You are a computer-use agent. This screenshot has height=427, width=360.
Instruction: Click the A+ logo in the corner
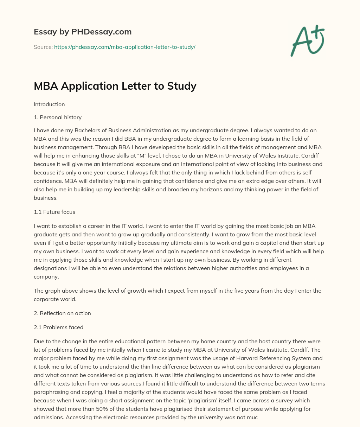pos(307,41)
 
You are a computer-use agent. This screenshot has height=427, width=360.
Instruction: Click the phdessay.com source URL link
pos(124,47)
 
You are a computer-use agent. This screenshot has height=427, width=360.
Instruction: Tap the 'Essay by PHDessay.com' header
pos(83,32)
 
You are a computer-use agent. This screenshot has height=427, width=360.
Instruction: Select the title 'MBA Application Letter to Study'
pos(115,86)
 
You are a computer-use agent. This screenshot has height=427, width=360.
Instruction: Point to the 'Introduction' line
pos(49,104)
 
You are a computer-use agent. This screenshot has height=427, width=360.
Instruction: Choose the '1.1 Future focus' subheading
pos(54,212)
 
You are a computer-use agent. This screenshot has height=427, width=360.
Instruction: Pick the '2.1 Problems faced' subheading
pos(58,327)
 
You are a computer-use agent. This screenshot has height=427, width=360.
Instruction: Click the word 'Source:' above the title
pos(43,47)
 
